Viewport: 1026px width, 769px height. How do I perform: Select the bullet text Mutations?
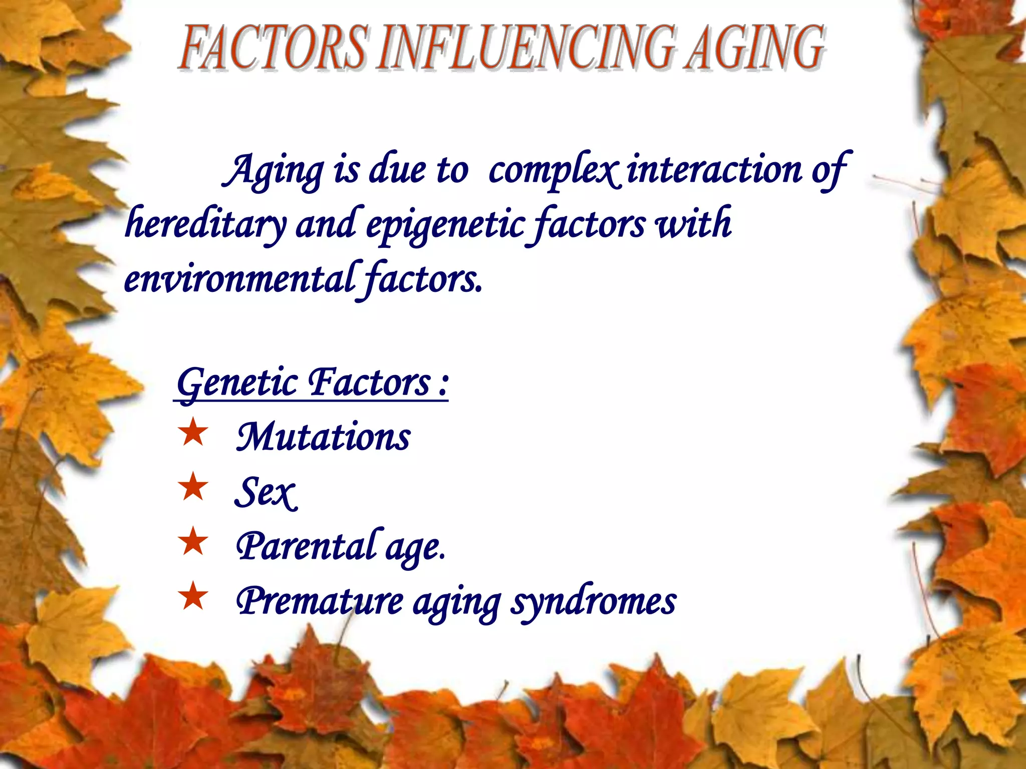point(324,437)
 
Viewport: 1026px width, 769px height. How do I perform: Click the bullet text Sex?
point(266,493)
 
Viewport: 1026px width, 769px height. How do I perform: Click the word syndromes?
point(593,602)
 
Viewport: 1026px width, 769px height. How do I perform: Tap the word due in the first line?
point(398,169)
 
